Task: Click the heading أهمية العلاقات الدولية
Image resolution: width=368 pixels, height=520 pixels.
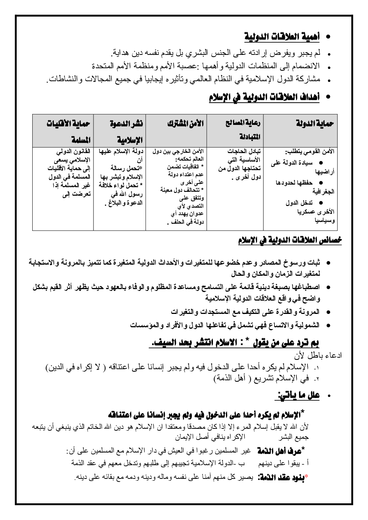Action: (282, 37)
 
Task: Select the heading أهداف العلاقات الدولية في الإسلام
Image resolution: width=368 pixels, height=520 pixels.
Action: (264, 97)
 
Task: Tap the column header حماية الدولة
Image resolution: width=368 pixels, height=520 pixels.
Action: (315, 124)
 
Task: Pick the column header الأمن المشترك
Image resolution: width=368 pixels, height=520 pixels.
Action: (185, 124)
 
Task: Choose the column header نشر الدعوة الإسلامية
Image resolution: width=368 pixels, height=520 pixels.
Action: (126, 131)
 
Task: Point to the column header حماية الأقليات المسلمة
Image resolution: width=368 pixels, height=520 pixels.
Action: (68, 131)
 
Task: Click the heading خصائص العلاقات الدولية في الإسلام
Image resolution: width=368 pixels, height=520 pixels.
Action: (290, 240)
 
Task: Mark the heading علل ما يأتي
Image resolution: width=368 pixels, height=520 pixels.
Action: (298, 395)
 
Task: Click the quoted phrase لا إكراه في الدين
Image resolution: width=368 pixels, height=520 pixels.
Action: (76, 367)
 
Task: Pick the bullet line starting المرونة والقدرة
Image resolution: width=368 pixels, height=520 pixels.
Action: (245, 312)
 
